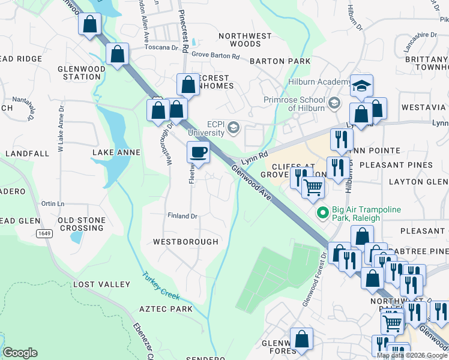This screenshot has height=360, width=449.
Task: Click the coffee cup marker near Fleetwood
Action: [199, 152]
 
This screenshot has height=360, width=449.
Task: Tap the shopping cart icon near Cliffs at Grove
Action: [313, 187]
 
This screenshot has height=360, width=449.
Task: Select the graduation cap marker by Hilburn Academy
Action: [362, 85]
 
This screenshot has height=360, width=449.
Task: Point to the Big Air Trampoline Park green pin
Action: [322, 212]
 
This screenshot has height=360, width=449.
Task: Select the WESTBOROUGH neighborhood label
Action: [185, 242]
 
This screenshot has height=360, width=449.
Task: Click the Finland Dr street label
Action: [182, 216]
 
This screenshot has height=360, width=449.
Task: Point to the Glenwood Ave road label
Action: [251, 184]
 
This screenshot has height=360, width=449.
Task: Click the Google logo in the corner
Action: [20, 353]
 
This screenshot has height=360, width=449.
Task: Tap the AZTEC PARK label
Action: [166, 309]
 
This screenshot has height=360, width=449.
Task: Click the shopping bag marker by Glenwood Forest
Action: [301, 339]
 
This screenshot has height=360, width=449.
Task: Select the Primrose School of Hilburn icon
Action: [334, 104]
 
